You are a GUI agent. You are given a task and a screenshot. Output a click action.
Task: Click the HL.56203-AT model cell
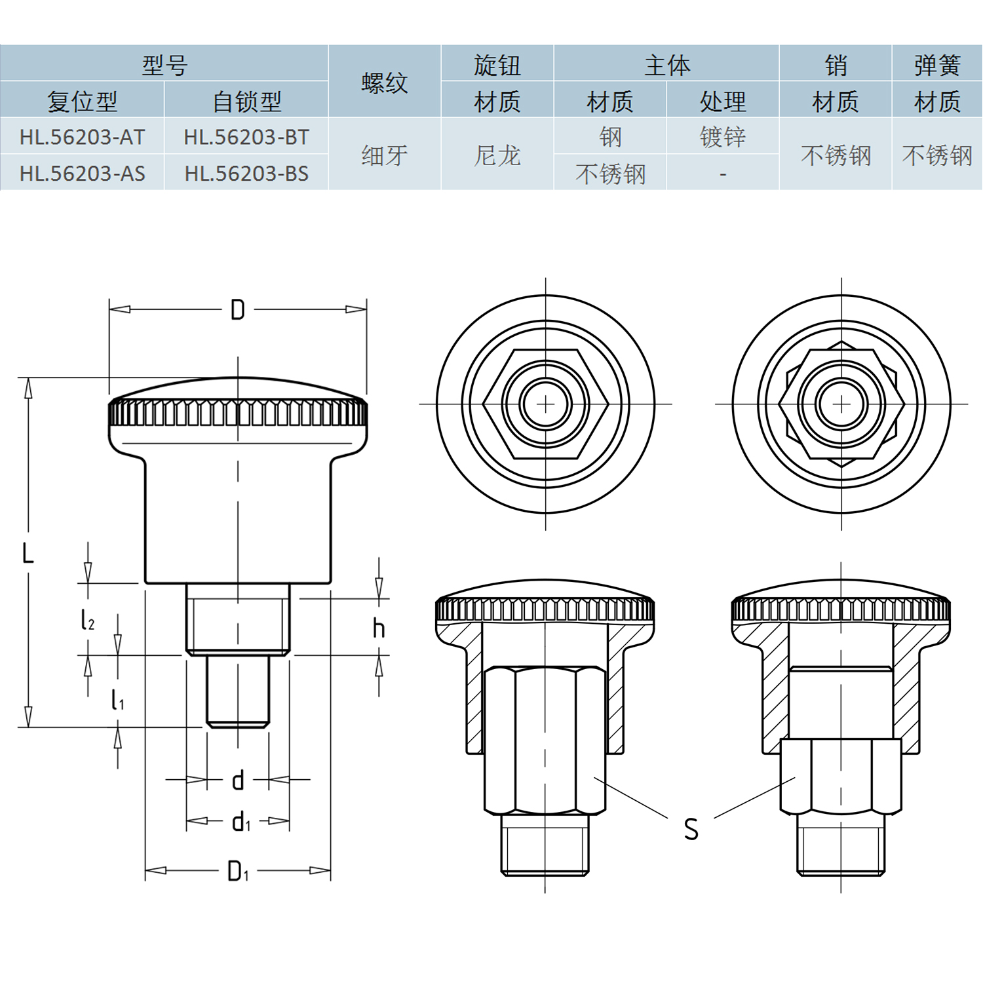pos(82,137)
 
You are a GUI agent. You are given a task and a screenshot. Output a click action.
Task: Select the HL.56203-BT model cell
pos(246,137)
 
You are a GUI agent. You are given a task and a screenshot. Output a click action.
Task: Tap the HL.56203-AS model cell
pos(82,174)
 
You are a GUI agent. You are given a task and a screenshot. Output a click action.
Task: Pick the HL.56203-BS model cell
pos(246,174)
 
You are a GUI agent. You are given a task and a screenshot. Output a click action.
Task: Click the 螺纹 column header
pos(385,83)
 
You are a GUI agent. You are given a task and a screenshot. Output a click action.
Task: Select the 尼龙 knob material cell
pos(497,155)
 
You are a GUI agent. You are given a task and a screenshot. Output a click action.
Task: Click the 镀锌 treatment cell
pos(723,137)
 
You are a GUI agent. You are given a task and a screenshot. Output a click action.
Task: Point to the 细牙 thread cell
pos(385,155)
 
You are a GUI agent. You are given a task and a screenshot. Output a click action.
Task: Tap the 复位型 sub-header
pos(82,101)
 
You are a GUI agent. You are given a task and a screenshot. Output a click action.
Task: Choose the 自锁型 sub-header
pos(246,101)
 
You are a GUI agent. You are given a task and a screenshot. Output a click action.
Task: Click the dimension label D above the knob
pos(238,310)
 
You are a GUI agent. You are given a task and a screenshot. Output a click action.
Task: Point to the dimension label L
pos(28,554)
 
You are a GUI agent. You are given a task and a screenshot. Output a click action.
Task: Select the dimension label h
pos(379,628)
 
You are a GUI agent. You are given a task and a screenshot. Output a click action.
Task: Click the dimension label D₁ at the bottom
pos(237,872)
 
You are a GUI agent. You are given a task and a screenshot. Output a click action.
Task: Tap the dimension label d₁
pos(241,822)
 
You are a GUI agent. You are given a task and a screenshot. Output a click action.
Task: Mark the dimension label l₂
pos(87,619)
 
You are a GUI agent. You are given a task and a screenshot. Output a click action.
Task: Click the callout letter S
pos(691,829)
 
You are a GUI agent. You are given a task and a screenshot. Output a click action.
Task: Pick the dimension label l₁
pos(117,701)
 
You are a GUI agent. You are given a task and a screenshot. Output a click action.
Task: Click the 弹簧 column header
pos(937,65)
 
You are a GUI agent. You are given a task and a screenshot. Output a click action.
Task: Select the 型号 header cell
pos(164,64)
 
